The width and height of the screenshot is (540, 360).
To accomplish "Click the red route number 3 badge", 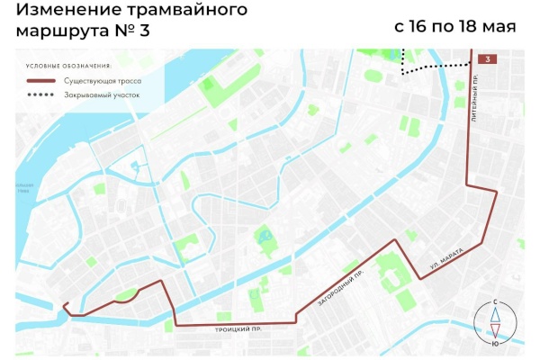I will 487,59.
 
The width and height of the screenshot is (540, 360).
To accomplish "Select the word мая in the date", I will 500,26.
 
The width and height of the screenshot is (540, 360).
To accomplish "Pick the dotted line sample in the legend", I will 40,94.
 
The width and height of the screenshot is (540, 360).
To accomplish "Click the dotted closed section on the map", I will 436,67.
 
